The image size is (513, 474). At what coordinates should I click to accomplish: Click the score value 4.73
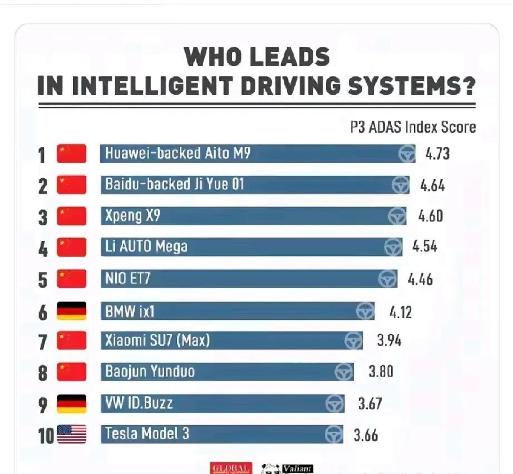pyautogui.click(x=437, y=154)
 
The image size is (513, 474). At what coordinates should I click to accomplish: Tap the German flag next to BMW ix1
pyautogui.click(x=72, y=311)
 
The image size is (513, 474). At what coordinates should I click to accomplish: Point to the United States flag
pyautogui.click(x=72, y=434)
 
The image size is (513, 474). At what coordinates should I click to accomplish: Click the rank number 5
pyautogui.click(x=43, y=280)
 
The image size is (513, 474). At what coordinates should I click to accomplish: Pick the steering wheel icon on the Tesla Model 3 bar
pyautogui.click(x=334, y=434)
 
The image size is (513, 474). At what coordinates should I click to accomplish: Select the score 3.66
pyautogui.click(x=366, y=434)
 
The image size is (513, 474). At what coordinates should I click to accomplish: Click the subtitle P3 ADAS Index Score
pyautogui.click(x=413, y=127)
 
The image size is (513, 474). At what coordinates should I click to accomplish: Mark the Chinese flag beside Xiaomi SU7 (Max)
pyautogui.click(x=72, y=340)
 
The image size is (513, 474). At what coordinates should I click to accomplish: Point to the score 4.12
pyautogui.click(x=400, y=312)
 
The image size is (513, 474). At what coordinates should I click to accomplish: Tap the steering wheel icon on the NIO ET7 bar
pyautogui.click(x=387, y=279)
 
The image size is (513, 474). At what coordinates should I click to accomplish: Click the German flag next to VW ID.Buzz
pyautogui.click(x=72, y=404)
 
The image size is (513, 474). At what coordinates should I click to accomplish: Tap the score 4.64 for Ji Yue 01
pyautogui.click(x=432, y=185)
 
